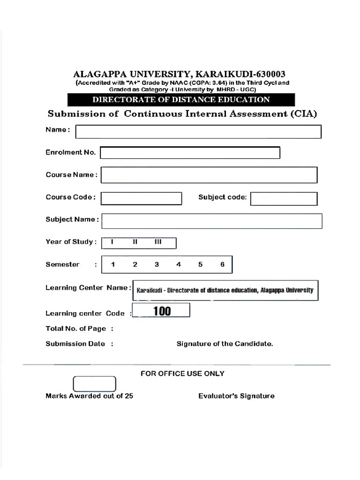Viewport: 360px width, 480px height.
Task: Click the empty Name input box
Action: coord(198,132)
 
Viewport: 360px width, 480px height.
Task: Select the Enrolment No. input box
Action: coord(190,153)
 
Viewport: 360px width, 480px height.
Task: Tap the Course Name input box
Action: coord(209,175)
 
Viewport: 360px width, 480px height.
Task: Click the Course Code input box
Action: coord(141,198)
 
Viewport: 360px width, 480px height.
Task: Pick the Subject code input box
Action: coord(284,199)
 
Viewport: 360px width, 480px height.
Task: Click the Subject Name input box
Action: coord(212,221)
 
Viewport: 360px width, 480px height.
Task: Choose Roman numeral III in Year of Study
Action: coord(158,242)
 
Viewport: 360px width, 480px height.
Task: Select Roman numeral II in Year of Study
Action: coord(135,242)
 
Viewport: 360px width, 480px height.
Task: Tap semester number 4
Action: coord(179,264)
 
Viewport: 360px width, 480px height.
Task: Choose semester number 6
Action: coord(222,264)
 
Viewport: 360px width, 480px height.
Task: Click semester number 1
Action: coord(113,264)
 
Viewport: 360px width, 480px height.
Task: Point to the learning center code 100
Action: coord(162,311)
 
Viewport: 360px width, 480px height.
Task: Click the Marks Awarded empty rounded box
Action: coord(94,384)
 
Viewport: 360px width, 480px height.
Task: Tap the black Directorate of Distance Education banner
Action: coord(181,99)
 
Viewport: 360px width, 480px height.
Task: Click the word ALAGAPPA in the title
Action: coord(96,74)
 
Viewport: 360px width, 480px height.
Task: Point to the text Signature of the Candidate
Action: coord(225,344)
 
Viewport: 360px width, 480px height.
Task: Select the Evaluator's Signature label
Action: coord(236,396)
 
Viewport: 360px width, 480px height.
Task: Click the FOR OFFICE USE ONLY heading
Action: coord(182,374)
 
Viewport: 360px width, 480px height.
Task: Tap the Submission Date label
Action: coord(75,344)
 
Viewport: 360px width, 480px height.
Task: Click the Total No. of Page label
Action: coord(76,329)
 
